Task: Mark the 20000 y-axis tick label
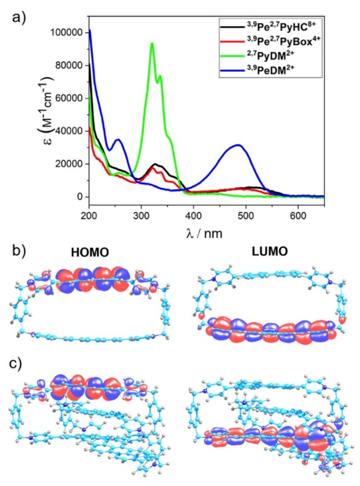click(x=69, y=164)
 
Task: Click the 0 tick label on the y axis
click(x=81, y=197)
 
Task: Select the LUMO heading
click(x=258, y=252)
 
